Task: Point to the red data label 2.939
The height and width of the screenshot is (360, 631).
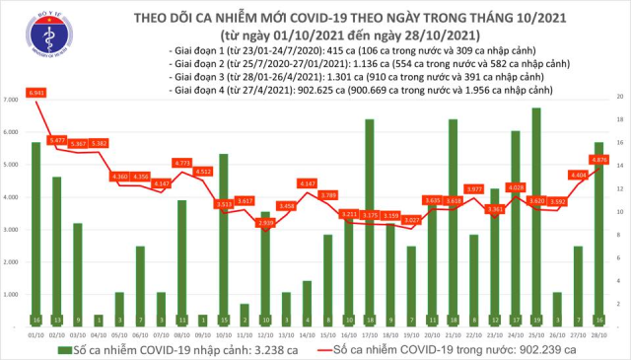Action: (x=265, y=224)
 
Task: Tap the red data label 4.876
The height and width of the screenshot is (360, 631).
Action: (x=597, y=160)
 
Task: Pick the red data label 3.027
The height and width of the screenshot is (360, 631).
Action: (x=412, y=221)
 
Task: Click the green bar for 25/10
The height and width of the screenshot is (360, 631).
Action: (x=535, y=217)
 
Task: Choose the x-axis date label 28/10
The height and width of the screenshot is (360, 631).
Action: (x=597, y=334)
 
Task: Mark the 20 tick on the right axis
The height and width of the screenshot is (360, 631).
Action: (x=618, y=98)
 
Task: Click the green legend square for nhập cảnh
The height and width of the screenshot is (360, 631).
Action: (x=65, y=349)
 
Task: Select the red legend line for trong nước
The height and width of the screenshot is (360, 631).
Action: (x=319, y=349)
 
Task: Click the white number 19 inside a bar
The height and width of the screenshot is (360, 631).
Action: (x=535, y=321)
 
